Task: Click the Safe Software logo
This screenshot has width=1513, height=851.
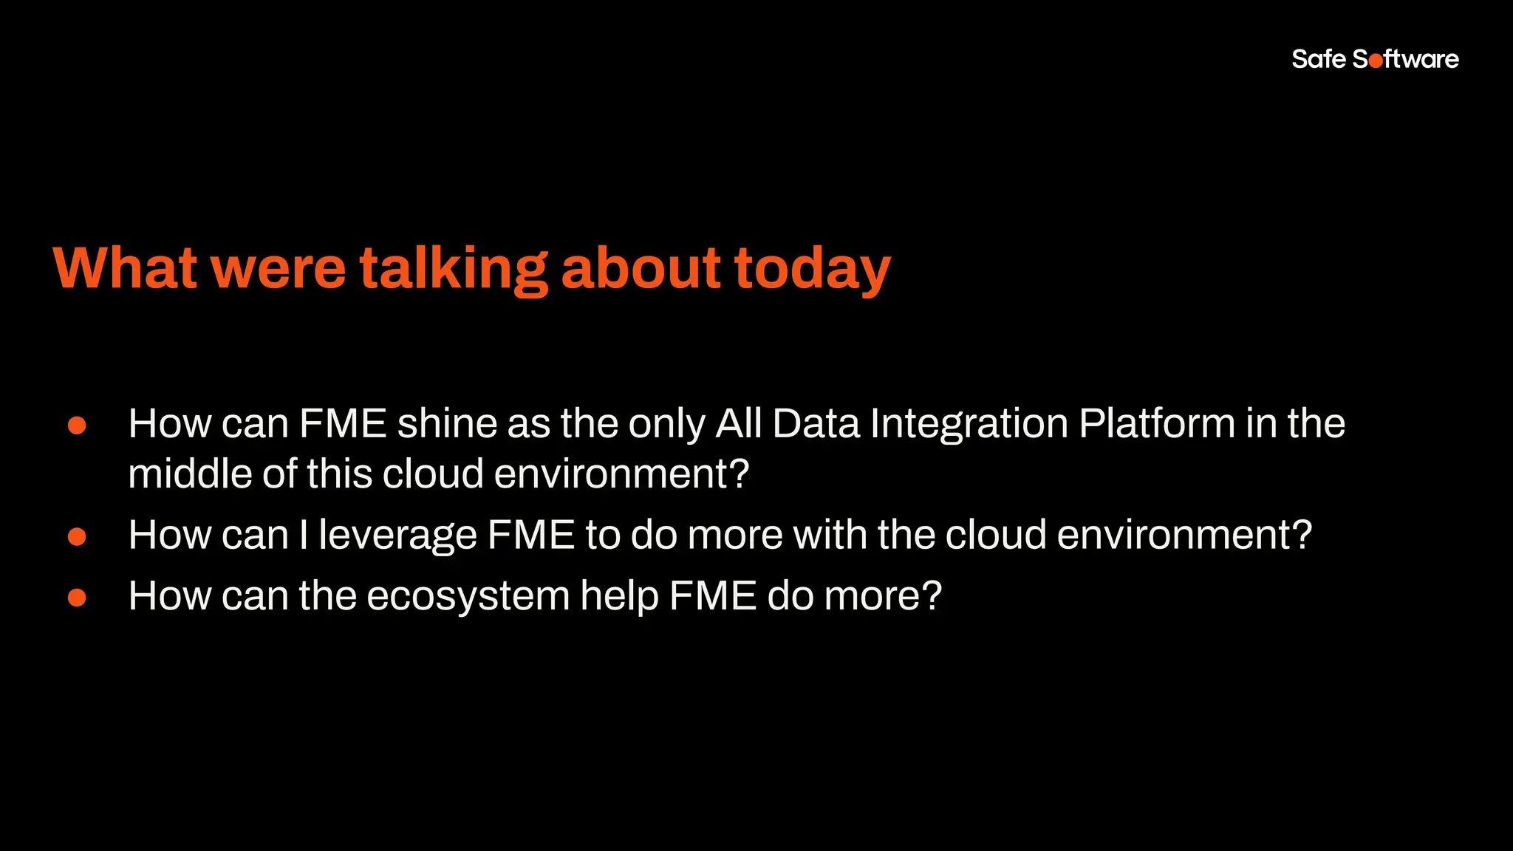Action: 1375,59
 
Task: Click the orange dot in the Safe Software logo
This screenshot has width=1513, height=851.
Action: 1376,61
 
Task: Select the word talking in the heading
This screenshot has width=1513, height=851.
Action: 454,269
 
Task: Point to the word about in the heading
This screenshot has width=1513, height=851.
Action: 641,267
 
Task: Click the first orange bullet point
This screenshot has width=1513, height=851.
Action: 77,425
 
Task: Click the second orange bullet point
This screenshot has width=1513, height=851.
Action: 77,536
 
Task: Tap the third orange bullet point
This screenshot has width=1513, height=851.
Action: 77,597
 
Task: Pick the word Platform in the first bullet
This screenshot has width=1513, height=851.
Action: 1157,424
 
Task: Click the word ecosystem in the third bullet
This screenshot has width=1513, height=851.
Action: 468,597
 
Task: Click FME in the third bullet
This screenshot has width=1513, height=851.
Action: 713,595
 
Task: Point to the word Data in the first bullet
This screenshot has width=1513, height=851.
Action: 816,424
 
